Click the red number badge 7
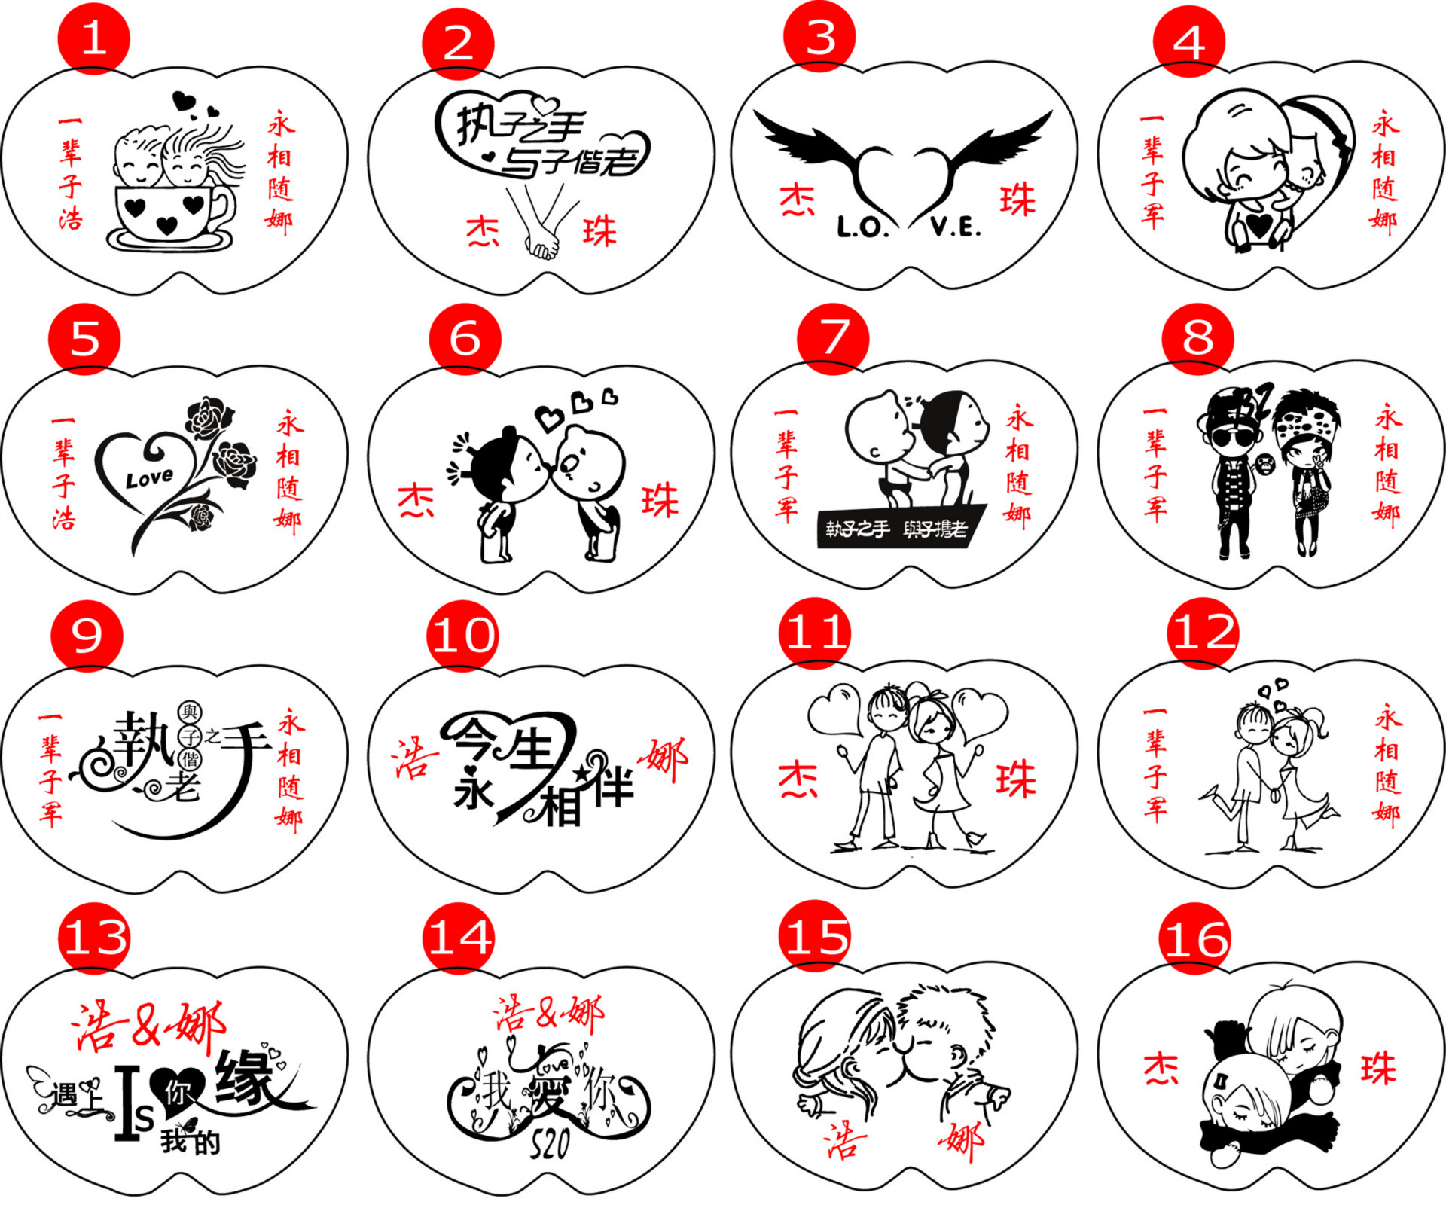click(833, 338)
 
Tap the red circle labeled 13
click(94, 938)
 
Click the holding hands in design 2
click(542, 243)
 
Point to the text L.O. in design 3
click(862, 227)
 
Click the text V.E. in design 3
click(955, 226)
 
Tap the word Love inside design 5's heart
click(148, 478)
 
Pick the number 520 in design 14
click(550, 1145)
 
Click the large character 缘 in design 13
click(246, 1078)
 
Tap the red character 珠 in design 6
click(660, 501)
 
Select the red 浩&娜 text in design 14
click(548, 1014)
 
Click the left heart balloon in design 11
click(835, 708)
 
